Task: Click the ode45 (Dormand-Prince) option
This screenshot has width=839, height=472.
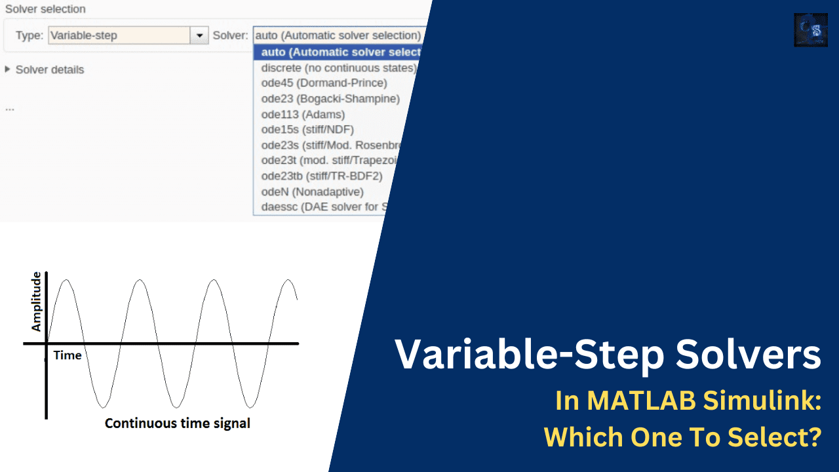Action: (x=324, y=83)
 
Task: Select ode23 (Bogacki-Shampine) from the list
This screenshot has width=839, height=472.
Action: (x=330, y=99)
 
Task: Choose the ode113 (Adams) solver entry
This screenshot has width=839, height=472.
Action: (x=302, y=115)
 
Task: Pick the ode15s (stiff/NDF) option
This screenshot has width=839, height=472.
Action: (x=307, y=130)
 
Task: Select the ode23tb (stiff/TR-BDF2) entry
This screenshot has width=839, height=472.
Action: (x=321, y=176)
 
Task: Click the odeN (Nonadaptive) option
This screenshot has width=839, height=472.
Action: (x=312, y=191)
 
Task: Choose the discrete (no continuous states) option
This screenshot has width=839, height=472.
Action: (x=338, y=68)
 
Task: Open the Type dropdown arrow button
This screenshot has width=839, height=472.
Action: (x=199, y=35)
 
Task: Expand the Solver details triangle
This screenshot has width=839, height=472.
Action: (x=8, y=69)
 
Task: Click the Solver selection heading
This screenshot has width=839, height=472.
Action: (x=45, y=10)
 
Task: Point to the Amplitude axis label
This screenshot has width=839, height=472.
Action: (x=36, y=302)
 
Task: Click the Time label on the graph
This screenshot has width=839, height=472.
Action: (x=68, y=355)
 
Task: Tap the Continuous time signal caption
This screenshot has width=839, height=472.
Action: (x=178, y=423)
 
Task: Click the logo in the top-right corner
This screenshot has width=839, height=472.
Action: (x=810, y=30)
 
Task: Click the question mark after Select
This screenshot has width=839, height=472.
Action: (x=813, y=437)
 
